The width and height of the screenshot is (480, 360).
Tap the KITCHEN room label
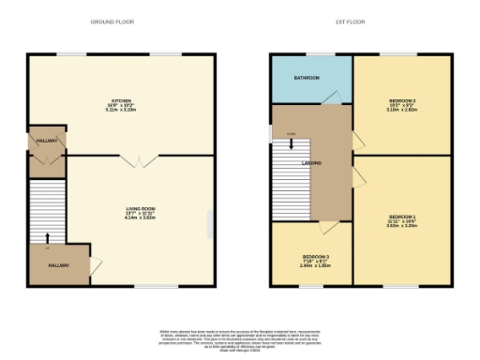[122, 102]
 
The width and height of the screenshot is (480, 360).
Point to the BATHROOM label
[307, 78]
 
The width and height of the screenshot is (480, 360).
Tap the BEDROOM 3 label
[313, 257]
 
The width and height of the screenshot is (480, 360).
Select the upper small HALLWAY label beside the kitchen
[47, 140]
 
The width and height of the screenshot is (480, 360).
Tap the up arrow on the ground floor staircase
[47, 232]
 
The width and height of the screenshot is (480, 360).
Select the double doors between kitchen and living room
[139, 161]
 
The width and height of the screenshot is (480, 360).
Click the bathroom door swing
[329, 97]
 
